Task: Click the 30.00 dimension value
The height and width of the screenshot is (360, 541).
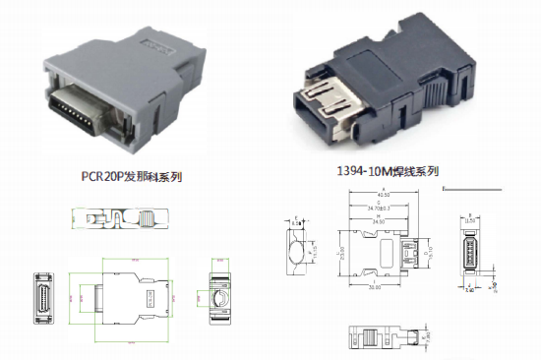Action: pos(375,287)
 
